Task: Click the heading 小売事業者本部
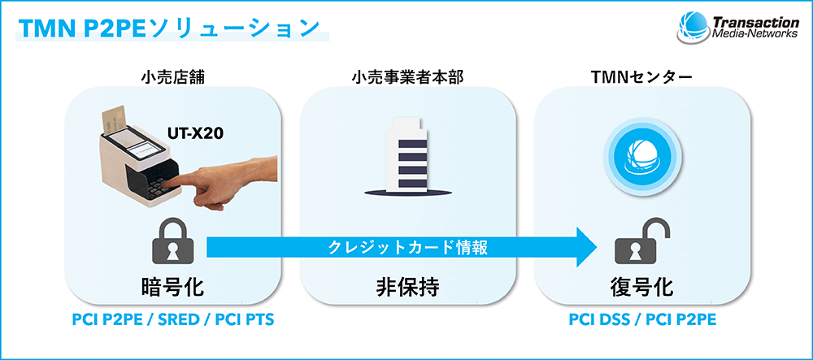[x=407, y=78]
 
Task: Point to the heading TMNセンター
[x=641, y=78]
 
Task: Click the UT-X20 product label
[x=194, y=133]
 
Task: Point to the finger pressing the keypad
[x=207, y=178]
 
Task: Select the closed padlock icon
[x=172, y=243]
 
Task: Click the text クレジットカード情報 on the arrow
[x=408, y=248]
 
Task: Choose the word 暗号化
[x=172, y=287]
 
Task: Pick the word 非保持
[x=407, y=287]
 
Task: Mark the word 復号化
[x=641, y=287]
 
